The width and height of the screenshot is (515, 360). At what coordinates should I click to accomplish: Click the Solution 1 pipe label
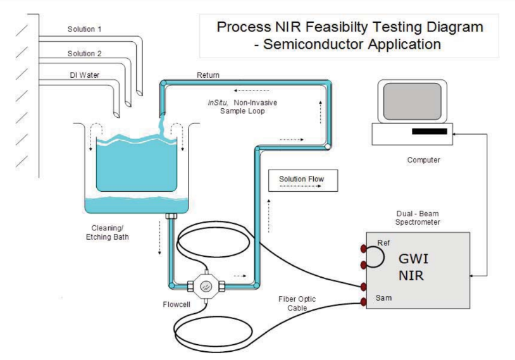click(85, 29)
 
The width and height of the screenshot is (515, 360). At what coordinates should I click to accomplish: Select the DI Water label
click(84, 75)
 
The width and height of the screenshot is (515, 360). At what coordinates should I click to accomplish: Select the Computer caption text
click(423, 160)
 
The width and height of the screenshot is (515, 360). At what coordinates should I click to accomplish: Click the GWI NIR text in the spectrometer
click(415, 267)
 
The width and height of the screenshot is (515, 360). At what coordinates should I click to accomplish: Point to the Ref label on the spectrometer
click(383, 243)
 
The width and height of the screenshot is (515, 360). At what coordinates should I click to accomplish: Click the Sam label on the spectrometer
click(383, 295)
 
